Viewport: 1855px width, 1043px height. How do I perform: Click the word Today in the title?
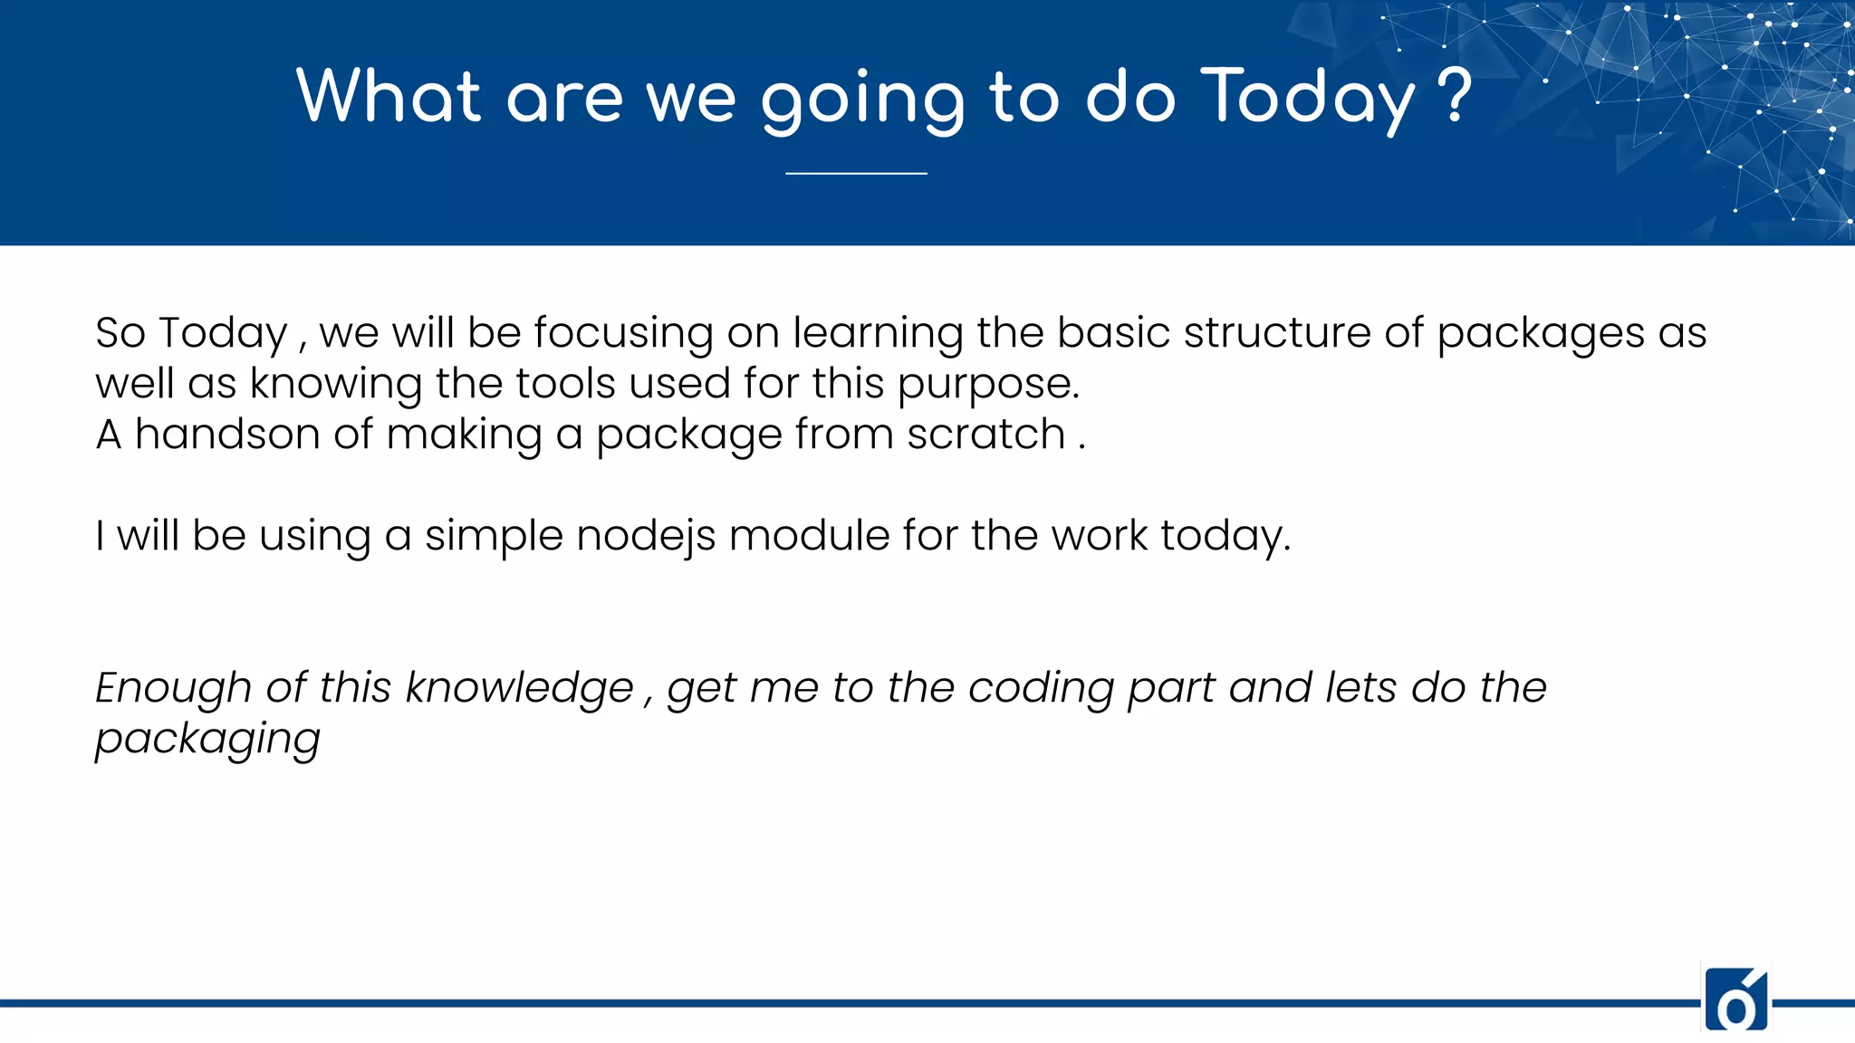coord(1307,98)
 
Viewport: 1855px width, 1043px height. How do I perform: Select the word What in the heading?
coord(389,96)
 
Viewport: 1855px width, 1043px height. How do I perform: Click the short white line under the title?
coord(856,173)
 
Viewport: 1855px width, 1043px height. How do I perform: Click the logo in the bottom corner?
coord(1735,1000)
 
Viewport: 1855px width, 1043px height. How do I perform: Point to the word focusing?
coord(623,333)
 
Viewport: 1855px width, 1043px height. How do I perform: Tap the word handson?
coord(226,434)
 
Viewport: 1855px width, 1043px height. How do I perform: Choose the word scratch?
coord(985,434)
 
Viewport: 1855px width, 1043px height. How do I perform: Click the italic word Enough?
coord(173,689)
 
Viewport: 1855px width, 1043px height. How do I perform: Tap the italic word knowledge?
coord(519,688)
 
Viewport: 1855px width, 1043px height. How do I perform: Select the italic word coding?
coord(1041,689)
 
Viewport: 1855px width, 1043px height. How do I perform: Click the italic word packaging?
coord(207,740)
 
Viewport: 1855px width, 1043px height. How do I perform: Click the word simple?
coord(494,537)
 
